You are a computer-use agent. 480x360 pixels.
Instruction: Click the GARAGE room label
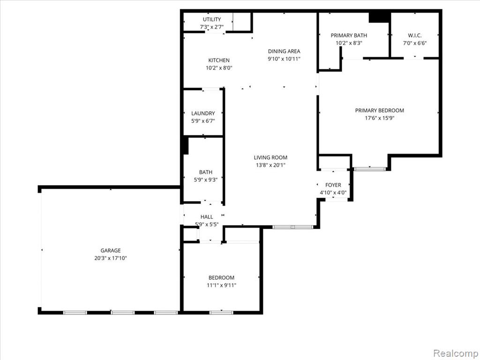[x=111, y=250]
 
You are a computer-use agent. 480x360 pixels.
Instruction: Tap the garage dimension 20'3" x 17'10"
[x=111, y=258]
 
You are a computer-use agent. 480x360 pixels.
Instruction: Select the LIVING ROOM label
[x=270, y=157]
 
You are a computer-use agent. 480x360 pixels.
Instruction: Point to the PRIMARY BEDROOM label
[x=380, y=111]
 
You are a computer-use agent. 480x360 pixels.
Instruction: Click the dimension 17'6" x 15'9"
[x=380, y=118]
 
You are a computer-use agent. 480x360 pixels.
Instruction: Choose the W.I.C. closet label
[x=415, y=36]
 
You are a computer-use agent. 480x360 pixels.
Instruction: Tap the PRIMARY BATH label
[x=349, y=36]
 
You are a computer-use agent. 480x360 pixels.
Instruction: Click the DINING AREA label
[x=284, y=52]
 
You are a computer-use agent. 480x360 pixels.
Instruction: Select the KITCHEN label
[x=219, y=60]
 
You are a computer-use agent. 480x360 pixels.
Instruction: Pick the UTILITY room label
[x=212, y=19]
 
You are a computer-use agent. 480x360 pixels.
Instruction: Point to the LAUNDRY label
[x=203, y=113]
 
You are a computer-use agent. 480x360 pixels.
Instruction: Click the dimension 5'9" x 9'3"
[x=206, y=180]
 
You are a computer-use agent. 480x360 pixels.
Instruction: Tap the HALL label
[x=207, y=217]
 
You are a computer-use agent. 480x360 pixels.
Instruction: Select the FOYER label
[x=333, y=185]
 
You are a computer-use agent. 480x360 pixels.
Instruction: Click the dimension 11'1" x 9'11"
[x=221, y=285]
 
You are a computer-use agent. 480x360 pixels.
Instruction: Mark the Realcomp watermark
[x=455, y=353]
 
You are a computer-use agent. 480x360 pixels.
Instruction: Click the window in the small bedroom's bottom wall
[x=221, y=313]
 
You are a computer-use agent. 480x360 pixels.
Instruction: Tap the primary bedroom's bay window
[x=370, y=169]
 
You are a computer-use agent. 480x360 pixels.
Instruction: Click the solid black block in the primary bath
[x=379, y=17]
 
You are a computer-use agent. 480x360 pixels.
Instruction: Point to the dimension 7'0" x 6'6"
[x=415, y=43]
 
